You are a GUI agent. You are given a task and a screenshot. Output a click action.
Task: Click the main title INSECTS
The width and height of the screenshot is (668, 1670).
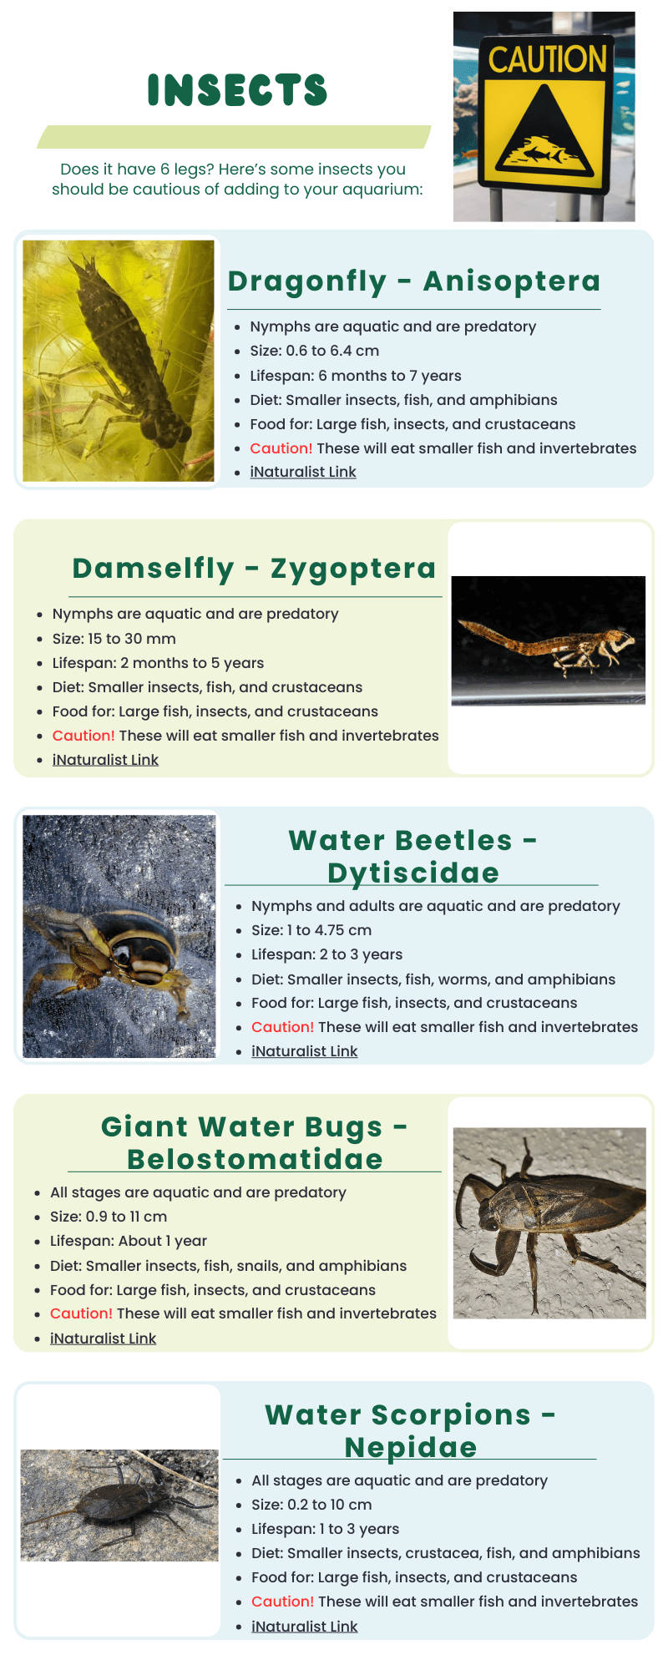click(x=237, y=90)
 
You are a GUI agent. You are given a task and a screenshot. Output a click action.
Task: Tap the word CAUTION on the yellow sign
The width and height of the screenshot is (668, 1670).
click(x=547, y=59)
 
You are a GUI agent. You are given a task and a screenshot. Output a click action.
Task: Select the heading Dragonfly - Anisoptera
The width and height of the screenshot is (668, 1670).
click(x=414, y=281)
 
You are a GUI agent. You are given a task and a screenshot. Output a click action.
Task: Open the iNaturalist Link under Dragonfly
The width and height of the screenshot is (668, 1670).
click(x=303, y=472)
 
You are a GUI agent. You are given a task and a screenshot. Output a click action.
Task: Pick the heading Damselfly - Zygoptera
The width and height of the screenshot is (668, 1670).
click(x=254, y=569)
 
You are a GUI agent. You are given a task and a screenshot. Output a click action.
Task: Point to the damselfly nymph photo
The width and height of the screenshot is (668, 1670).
click(x=549, y=640)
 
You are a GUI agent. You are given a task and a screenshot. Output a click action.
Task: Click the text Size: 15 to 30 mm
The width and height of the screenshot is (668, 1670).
click(x=114, y=639)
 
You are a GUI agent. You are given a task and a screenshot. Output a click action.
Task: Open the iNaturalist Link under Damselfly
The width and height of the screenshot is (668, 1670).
click(x=105, y=760)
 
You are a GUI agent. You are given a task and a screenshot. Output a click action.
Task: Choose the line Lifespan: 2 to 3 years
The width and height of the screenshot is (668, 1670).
click(x=327, y=954)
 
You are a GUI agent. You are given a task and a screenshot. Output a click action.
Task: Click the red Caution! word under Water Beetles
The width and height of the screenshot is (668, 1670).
click(x=283, y=1027)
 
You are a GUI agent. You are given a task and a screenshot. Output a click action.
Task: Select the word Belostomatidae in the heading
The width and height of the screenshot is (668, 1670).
click(x=255, y=1159)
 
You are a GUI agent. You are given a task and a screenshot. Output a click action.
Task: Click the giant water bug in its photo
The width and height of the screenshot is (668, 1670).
click(x=549, y=1221)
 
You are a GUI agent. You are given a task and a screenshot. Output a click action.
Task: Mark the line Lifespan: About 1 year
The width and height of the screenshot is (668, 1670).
click(x=129, y=1241)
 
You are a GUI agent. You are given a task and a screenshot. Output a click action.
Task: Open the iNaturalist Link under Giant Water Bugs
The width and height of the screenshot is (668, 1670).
click(x=104, y=1339)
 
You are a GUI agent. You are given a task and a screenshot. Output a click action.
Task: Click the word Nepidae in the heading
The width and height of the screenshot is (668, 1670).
click(x=411, y=1447)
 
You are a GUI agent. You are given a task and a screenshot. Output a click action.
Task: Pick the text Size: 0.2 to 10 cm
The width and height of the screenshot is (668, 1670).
click(x=311, y=1505)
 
